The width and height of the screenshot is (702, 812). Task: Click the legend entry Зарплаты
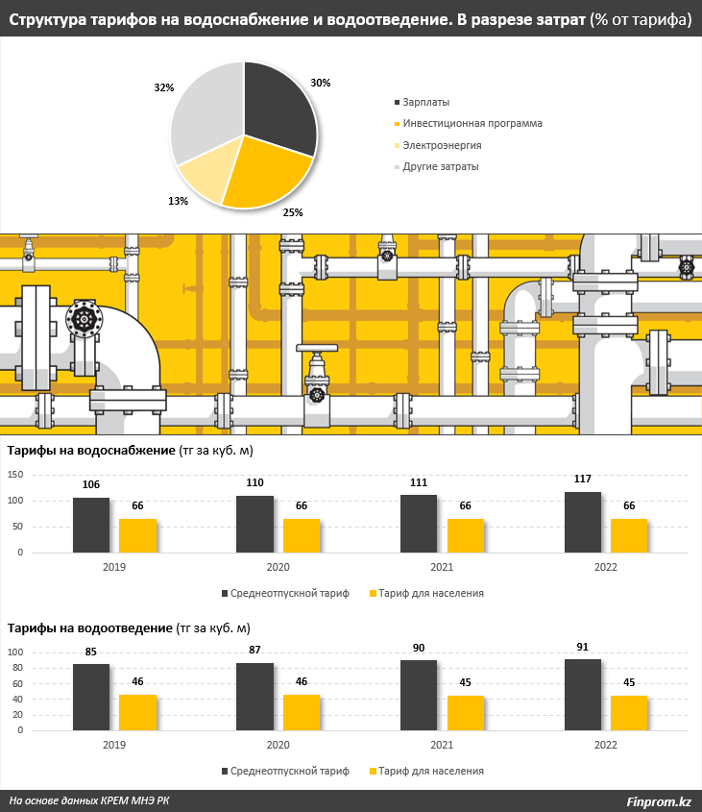[425, 102]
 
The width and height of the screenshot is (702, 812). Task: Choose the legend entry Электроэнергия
[442, 145]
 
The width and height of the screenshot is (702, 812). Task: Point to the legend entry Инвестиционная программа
[472, 123]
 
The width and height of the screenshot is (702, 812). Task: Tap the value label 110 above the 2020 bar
[254, 483]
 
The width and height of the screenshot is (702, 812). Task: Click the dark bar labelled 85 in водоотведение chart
[91, 697]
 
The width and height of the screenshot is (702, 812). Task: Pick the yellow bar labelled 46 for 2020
[302, 712]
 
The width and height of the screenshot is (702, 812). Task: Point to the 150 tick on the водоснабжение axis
[15, 475]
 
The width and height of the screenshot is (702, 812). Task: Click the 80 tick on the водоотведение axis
[15, 668]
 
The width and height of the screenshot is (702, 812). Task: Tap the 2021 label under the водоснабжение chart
[442, 567]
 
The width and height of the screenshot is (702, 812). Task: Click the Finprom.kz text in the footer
[659, 800]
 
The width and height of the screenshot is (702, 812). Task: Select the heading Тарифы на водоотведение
[90, 628]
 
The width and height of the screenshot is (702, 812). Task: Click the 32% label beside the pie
[163, 87]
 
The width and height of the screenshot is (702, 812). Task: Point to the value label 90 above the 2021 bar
[419, 648]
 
